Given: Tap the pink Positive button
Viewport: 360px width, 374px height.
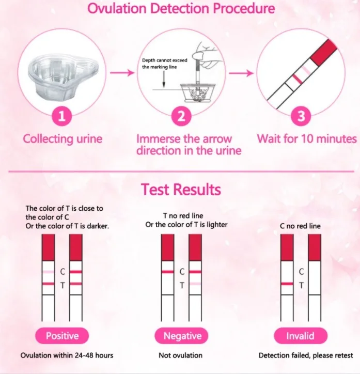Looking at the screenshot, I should tap(62, 336).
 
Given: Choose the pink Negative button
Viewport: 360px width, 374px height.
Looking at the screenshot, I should tap(182, 336).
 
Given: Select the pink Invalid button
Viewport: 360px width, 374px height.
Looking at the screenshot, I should tap(300, 336).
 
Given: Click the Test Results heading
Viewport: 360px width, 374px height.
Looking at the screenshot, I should tap(181, 190).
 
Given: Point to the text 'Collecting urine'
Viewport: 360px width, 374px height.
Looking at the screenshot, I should tap(62, 138).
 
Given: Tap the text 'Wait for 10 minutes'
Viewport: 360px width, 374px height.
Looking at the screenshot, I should tap(307, 138).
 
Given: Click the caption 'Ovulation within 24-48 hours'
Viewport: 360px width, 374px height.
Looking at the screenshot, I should tap(67, 355).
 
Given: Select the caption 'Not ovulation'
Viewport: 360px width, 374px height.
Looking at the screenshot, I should tap(180, 355).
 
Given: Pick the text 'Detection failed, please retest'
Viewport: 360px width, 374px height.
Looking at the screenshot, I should tap(306, 355).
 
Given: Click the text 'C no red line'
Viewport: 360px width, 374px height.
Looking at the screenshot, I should tap(300, 226).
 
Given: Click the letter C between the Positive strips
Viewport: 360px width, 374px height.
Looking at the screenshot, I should tap(62, 271).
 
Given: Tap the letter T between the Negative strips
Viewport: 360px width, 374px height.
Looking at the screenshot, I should tap(182, 285).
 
